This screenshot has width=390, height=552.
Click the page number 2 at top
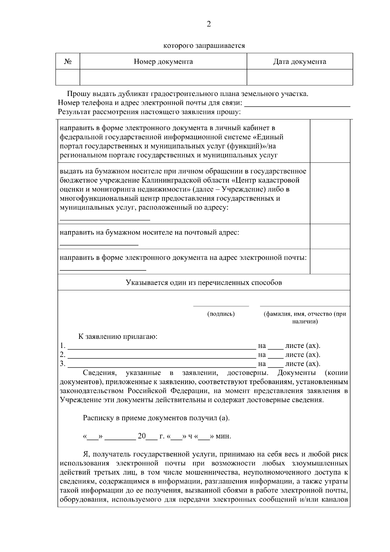209,24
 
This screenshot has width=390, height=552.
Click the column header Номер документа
163,62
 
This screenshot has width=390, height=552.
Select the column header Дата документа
299,62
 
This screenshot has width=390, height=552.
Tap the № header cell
68,62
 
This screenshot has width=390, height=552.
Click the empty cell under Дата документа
299,77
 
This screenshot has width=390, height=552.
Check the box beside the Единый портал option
330,141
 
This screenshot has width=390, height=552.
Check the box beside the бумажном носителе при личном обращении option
330,193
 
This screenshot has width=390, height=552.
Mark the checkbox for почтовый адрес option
330,236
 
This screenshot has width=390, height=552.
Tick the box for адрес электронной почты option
330,261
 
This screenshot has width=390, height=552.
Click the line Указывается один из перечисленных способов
204,283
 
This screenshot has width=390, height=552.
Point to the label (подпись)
221,314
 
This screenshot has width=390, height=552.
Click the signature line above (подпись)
221,306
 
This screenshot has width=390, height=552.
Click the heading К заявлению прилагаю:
118,337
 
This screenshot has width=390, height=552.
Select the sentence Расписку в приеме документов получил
156,418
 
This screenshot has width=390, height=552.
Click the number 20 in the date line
142,436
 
